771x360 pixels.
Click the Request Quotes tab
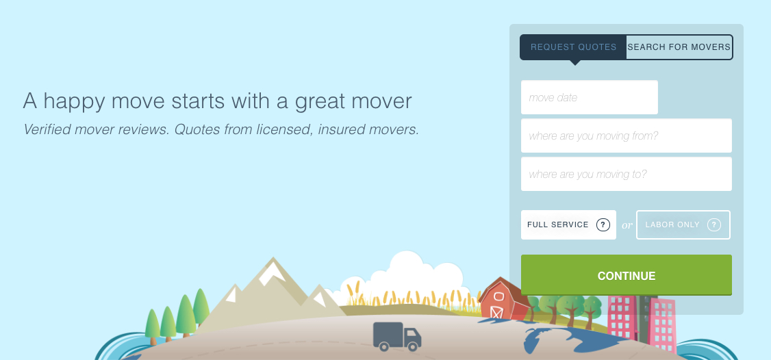coord(573,47)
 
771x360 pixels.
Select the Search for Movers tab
coord(679,47)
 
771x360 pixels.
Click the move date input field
coord(589,97)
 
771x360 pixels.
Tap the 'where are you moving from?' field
coord(627,136)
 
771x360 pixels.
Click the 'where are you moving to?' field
coord(627,174)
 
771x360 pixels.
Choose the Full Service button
coord(568,224)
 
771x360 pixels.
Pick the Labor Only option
coord(683,224)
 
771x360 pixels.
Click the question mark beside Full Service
coord(603,224)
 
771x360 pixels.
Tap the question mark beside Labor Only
coord(714,224)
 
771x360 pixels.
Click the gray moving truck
coord(397,337)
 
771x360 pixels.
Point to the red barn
coord(503,299)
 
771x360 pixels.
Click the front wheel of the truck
coord(413,346)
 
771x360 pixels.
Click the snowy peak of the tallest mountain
coord(272,272)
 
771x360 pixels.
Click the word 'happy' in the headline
coord(74,101)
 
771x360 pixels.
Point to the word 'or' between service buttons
coord(627,225)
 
